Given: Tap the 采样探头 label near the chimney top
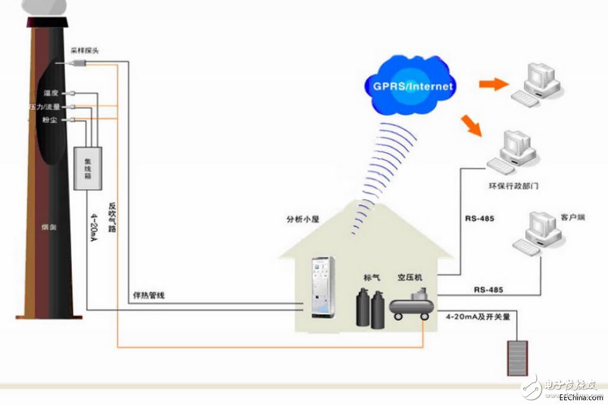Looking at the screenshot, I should tap(85, 51).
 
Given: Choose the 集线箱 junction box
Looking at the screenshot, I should tap(87, 168).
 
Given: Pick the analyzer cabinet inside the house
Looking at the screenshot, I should tap(323, 287).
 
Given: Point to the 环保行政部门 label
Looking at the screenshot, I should tap(514, 186).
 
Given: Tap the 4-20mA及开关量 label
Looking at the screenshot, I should tap(478, 317).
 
